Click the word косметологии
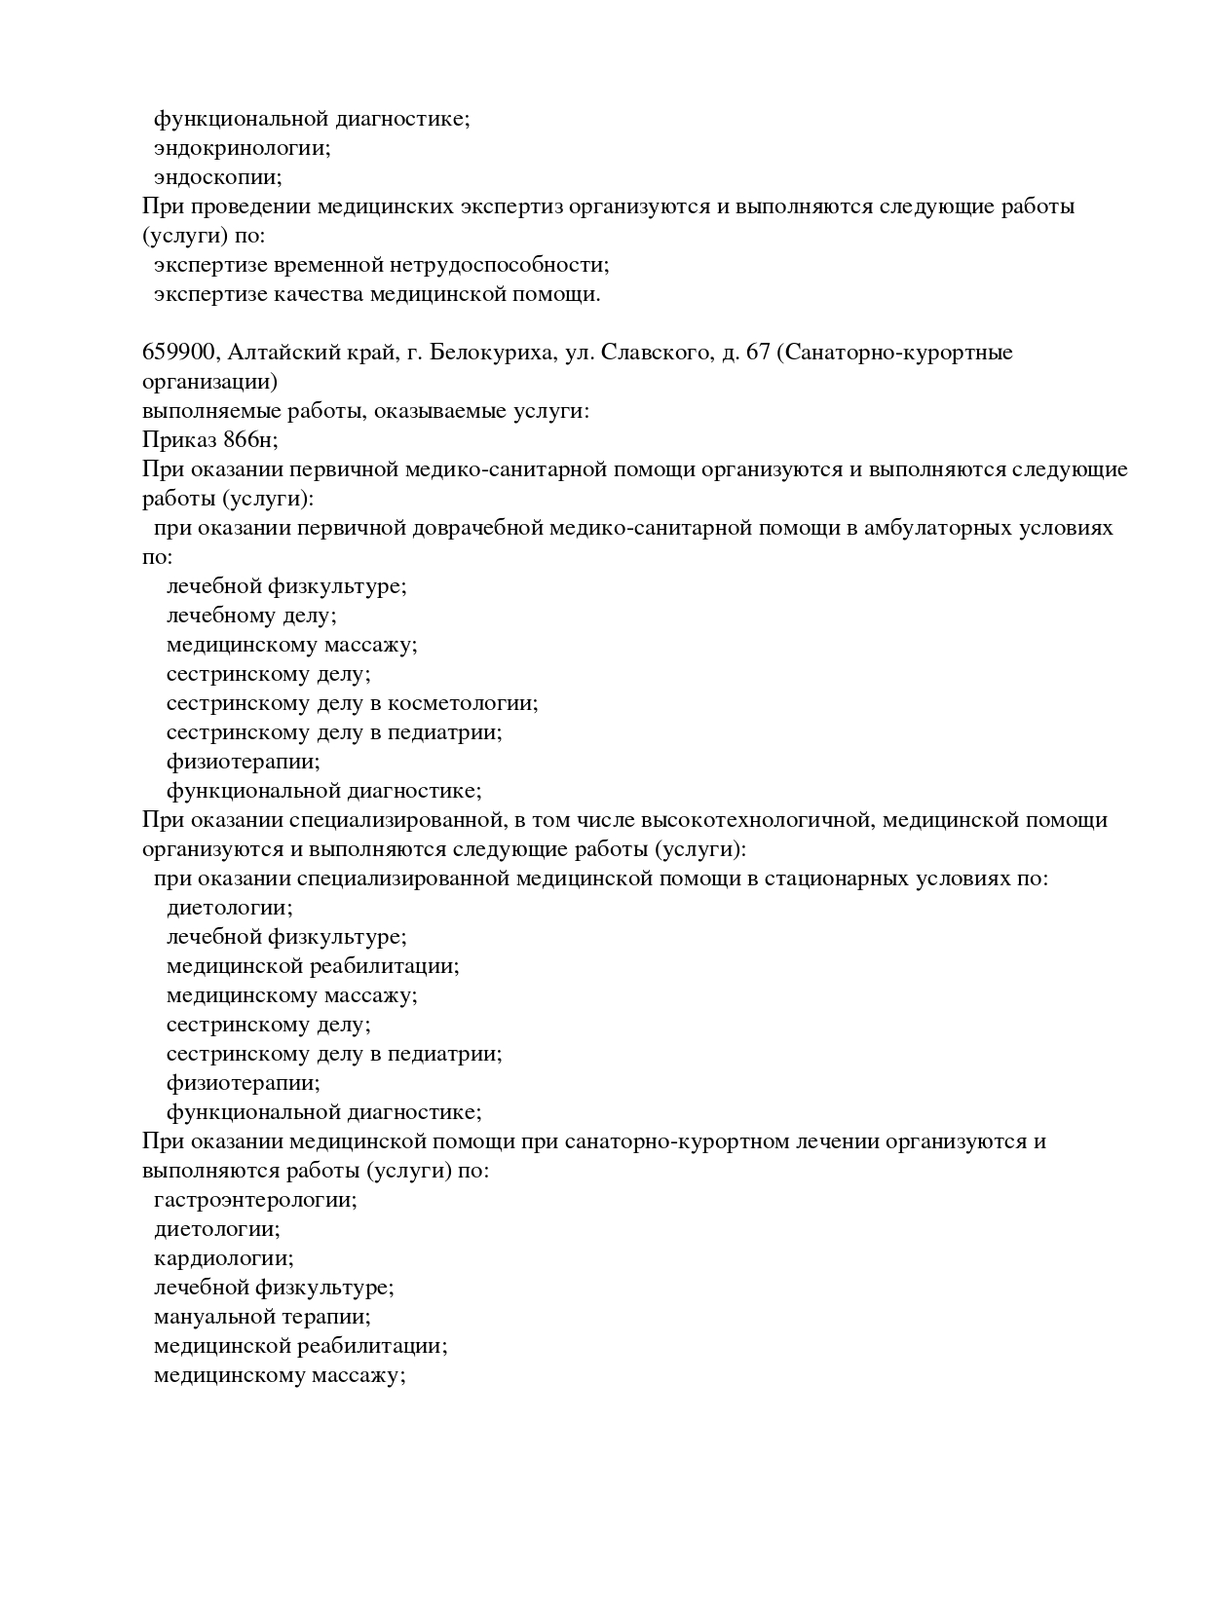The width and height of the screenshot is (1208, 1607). (462, 703)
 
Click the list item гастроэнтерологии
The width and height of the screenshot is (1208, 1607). (255, 1200)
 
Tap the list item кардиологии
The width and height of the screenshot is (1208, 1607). (223, 1258)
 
